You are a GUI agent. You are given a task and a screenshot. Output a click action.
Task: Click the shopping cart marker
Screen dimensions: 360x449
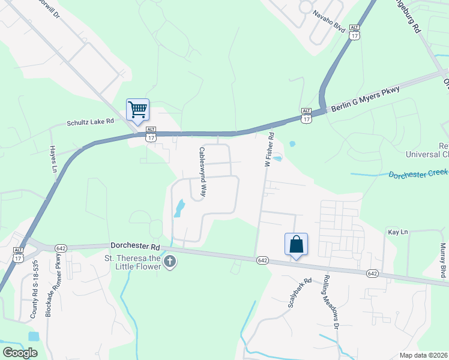137,110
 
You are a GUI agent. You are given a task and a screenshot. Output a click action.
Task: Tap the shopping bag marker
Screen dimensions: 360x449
296,244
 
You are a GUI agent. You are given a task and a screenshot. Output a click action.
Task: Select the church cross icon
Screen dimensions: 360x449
170,262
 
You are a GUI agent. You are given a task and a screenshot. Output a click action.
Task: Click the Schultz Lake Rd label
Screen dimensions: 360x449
90,121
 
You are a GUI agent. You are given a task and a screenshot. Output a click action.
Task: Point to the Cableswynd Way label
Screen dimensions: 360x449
203,173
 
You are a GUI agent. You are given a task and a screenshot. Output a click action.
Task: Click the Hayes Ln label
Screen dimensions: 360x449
53,159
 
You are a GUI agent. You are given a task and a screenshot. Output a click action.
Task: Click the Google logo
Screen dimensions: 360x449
20,353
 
